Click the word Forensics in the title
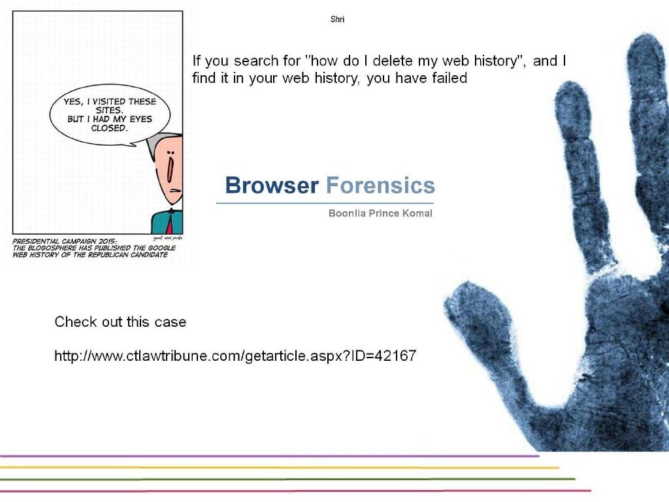(x=380, y=186)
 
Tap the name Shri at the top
(x=337, y=20)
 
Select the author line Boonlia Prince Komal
(x=380, y=214)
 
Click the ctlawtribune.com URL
(x=235, y=356)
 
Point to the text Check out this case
(x=120, y=322)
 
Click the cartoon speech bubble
(x=110, y=118)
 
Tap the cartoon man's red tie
(x=169, y=226)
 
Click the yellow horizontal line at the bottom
(x=281, y=467)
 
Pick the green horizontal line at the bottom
(x=287, y=479)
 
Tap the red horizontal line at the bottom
(x=294, y=490)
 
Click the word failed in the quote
(x=450, y=78)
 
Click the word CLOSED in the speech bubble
(x=109, y=128)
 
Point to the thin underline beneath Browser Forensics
(x=325, y=203)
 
